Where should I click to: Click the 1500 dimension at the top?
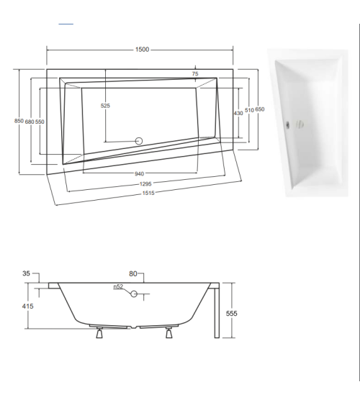(142, 49)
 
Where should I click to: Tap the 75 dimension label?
(195, 75)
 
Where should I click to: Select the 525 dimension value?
(105, 106)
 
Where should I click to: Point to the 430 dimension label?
(238, 113)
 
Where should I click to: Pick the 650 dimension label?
(259, 109)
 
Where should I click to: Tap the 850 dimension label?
(19, 122)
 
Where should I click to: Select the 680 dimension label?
(30, 122)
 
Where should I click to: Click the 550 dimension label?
(40, 122)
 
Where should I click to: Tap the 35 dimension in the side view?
(27, 274)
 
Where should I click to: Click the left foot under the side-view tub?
(99, 332)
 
